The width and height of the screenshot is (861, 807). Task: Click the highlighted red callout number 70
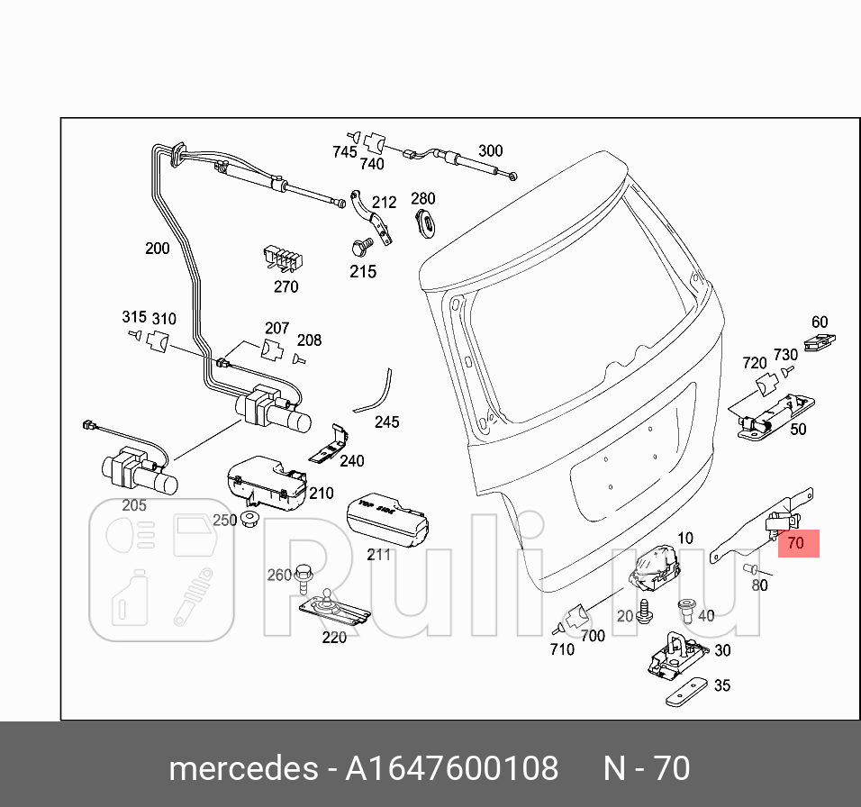click(x=795, y=543)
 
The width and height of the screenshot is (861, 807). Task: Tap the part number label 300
click(x=490, y=150)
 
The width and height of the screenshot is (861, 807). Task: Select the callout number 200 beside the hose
click(x=157, y=248)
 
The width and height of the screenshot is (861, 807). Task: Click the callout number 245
click(x=386, y=422)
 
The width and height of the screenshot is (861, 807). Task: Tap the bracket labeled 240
click(x=330, y=445)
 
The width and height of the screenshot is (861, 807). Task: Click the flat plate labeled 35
click(x=688, y=694)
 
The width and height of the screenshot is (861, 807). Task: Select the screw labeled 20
click(x=645, y=612)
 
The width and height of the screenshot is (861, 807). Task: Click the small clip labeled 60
click(x=817, y=343)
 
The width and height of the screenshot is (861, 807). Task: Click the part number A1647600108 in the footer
click(x=452, y=768)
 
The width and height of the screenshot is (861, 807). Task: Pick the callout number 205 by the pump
click(x=133, y=505)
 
